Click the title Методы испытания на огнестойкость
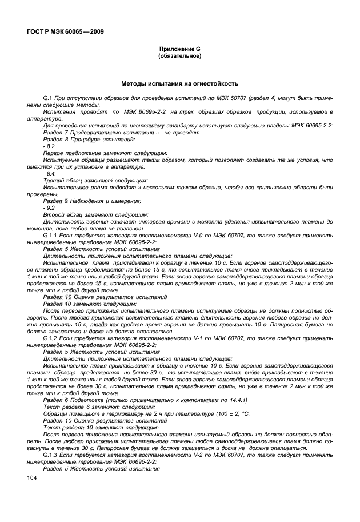tap(179, 83)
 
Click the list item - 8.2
tap(49, 146)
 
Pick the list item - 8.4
tap(49, 173)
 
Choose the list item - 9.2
tap(49, 209)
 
